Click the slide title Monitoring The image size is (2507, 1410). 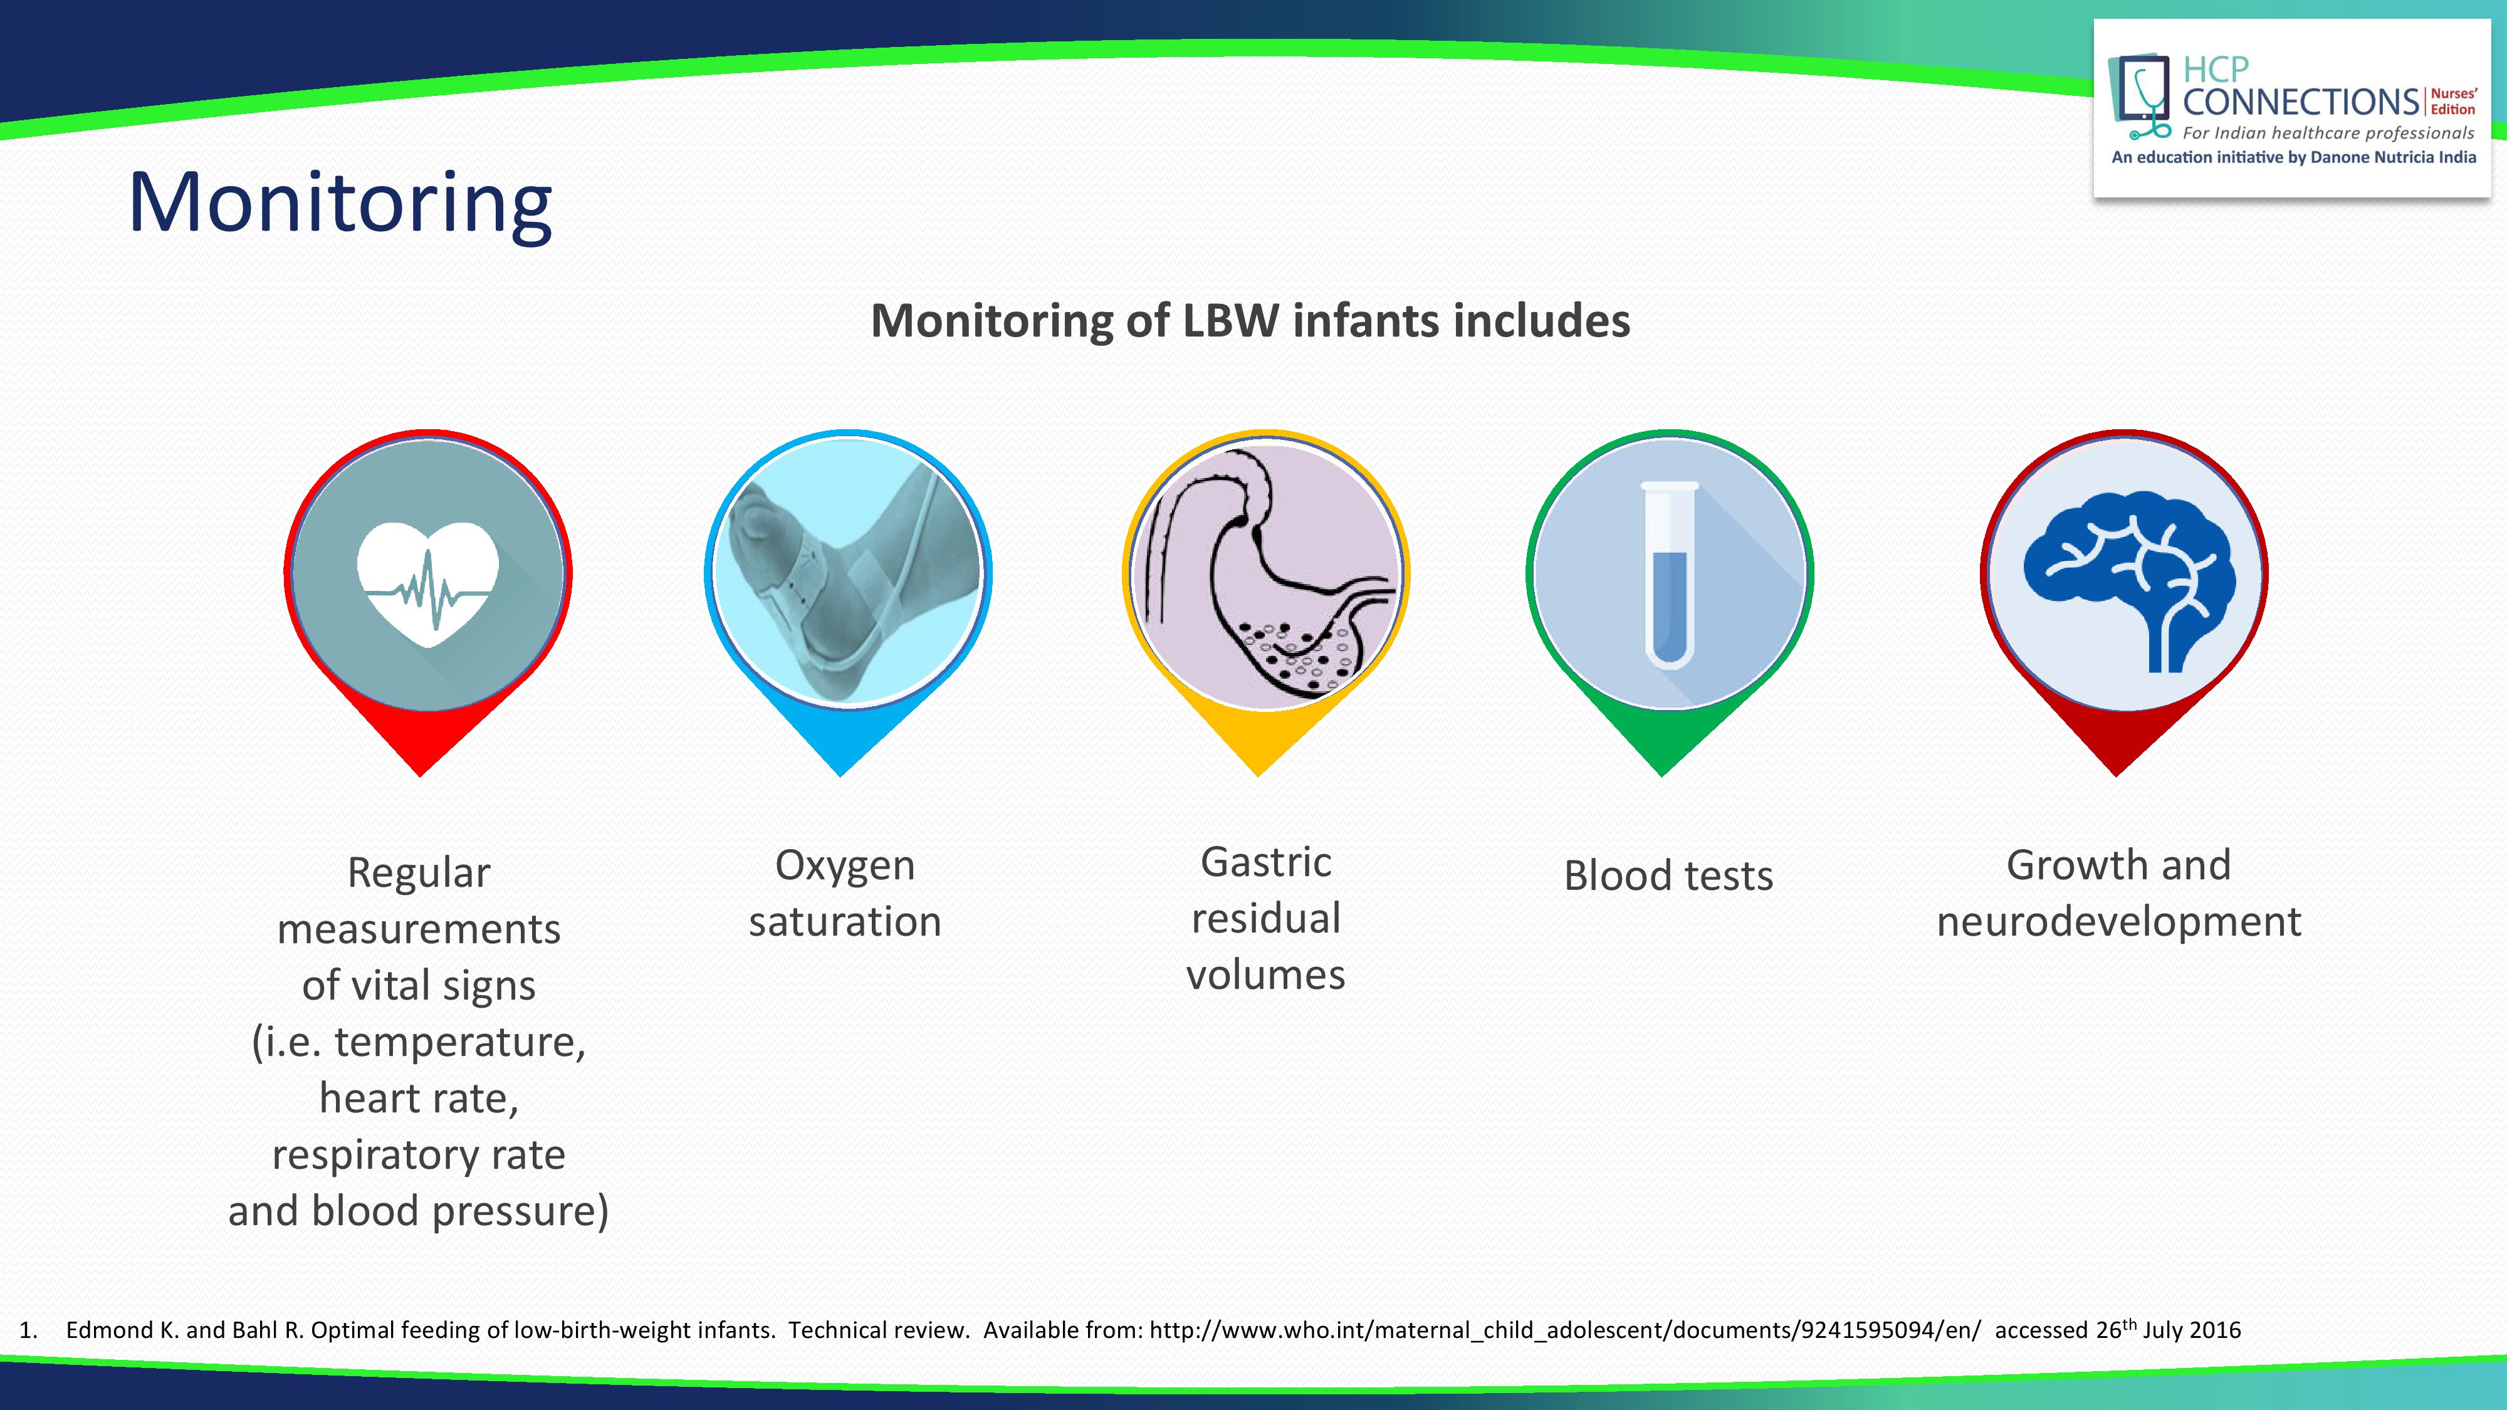340,202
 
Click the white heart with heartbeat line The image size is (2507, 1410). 428,584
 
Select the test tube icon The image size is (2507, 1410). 1670,575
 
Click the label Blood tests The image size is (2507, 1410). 1668,876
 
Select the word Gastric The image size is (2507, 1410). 1265,862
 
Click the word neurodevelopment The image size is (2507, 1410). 2118,921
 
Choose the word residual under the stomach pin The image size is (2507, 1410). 1266,919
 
